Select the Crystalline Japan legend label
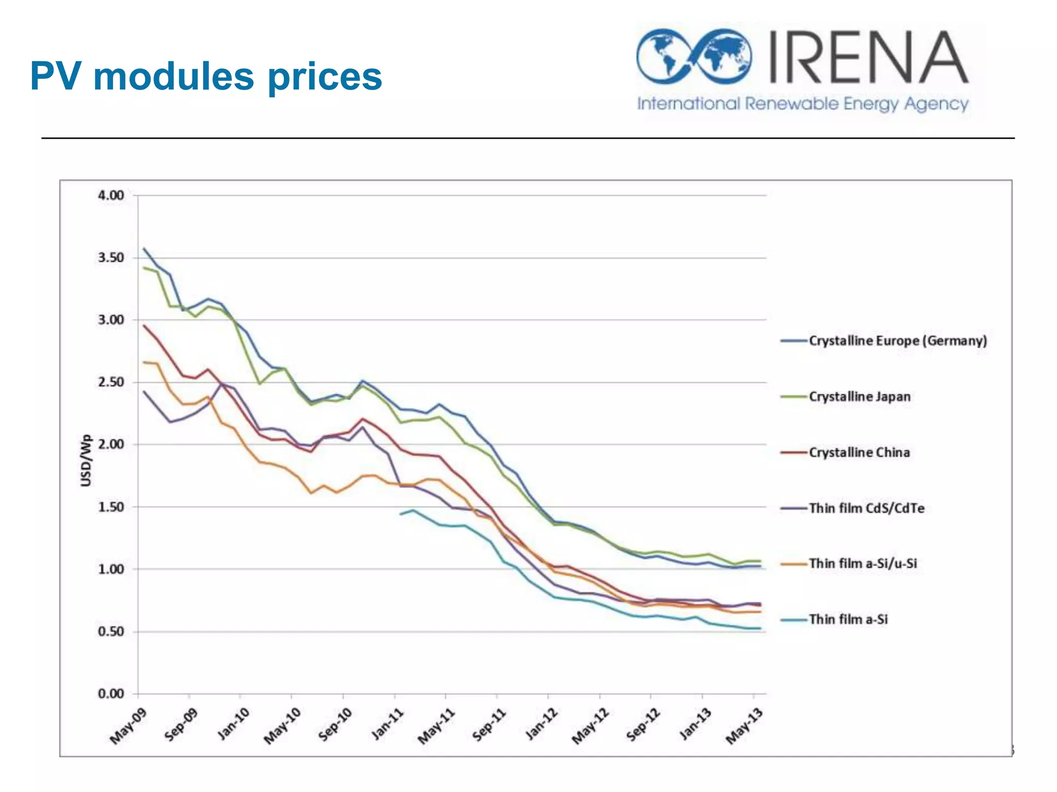click(x=859, y=397)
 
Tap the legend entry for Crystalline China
click(x=859, y=452)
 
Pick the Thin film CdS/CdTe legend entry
click(x=866, y=508)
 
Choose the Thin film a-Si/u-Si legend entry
click(x=862, y=563)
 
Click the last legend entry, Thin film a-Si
click(x=848, y=619)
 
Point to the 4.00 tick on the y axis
click(x=111, y=195)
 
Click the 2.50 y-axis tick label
click(x=111, y=382)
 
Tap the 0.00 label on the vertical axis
click(x=111, y=694)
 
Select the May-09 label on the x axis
click(x=129, y=725)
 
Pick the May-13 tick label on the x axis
click(x=744, y=725)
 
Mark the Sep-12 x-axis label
click(x=643, y=724)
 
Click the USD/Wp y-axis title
click(x=86, y=460)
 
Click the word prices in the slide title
click(x=325, y=77)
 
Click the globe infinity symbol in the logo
click(x=694, y=56)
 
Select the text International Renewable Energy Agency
click(x=803, y=104)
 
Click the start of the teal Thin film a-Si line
click(x=401, y=514)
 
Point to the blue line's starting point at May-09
click(x=144, y=248)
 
